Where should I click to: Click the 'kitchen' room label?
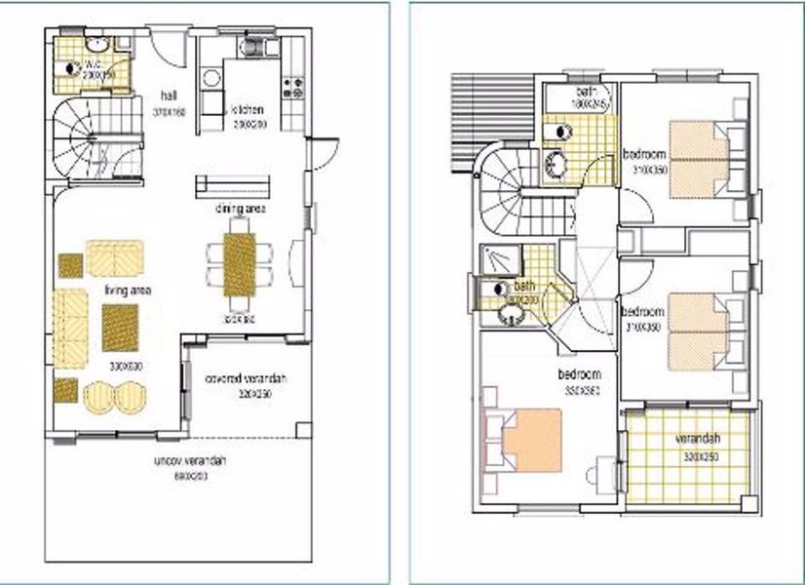pos(248,110)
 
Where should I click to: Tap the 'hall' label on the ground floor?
pos(169,96)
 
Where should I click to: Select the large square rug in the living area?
pos(122,327)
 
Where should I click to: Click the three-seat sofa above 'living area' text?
pos(115,258)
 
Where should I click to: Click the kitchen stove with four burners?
pos(291,89)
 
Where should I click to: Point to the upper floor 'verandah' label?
pos(696,438)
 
